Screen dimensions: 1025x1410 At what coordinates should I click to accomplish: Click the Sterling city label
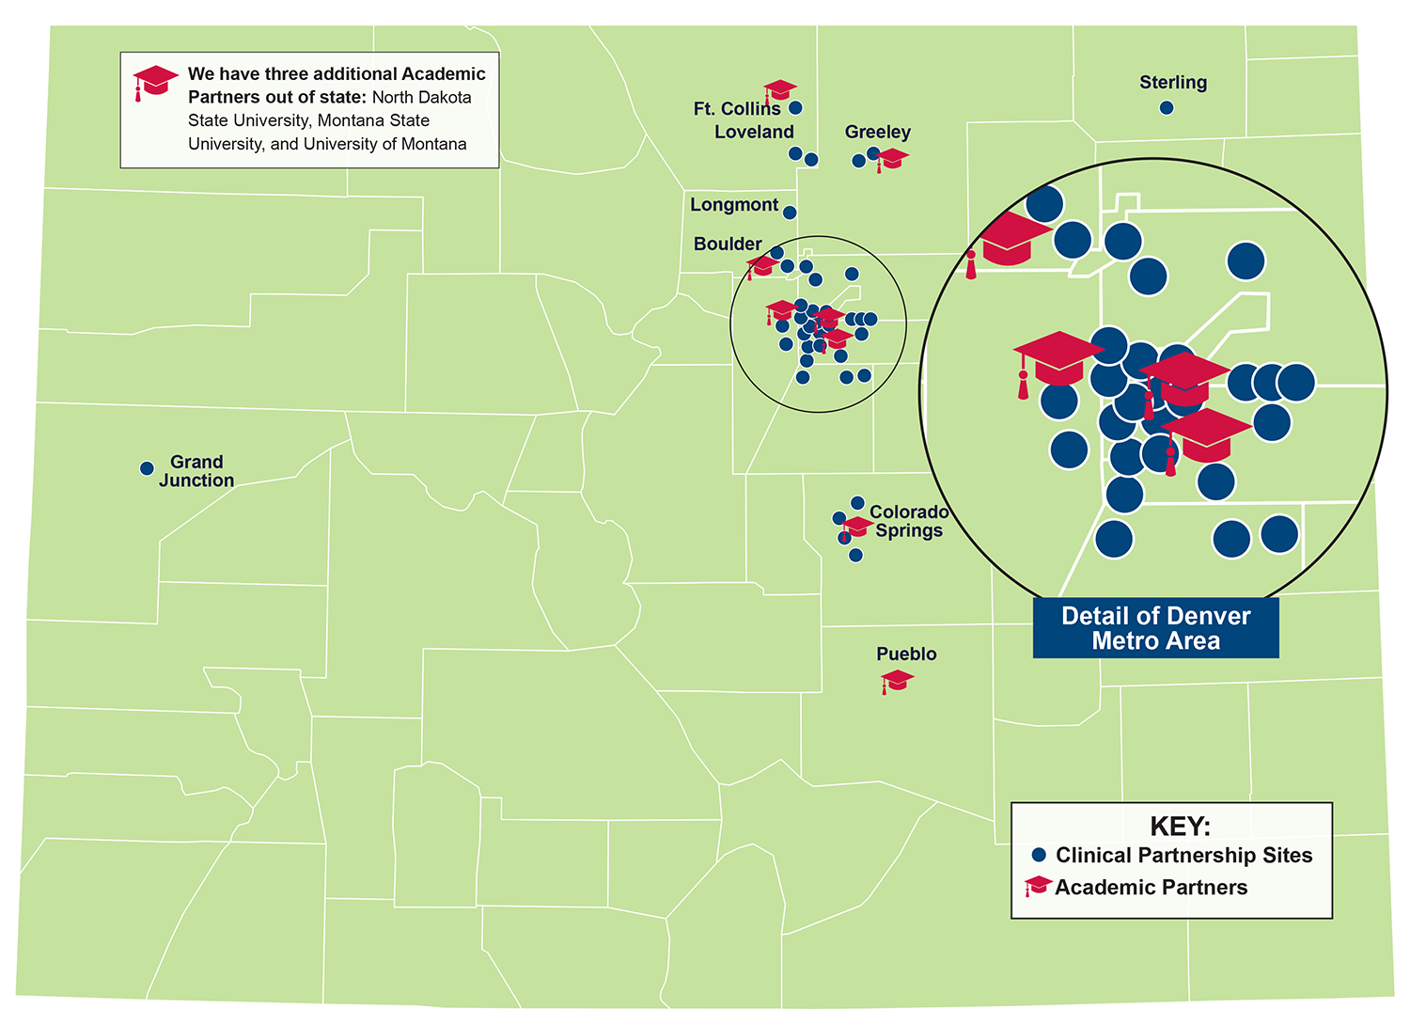click(x=1173, y=83)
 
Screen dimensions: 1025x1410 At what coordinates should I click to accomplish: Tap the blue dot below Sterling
click(x=1167, y=108)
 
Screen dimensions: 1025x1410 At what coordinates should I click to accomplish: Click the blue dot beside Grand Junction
click(x=147, y=468)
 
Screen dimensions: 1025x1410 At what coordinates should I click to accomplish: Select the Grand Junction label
click(x=196, y=471)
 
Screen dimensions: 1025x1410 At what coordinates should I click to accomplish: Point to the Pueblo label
click(x=906, y=654)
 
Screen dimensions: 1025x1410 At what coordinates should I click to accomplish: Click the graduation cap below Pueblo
click(x=897, y=680)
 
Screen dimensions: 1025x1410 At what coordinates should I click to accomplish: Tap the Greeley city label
click(x=877, y=132)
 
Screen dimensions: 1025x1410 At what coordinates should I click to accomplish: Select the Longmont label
click(x=734, y=205)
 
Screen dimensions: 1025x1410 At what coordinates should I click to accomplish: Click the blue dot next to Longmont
click(x=790, y=213)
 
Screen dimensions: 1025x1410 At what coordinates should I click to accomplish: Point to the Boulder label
click(x=728, y=244)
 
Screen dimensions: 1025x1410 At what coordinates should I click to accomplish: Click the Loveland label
click(x=754, y=133)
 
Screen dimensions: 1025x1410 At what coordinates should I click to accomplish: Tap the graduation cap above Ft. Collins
click(x=779, y=90)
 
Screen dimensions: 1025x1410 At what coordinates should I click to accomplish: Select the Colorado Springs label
click(x=908, y=521)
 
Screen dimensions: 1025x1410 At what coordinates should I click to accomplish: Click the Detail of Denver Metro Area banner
click(x=1155, y=628)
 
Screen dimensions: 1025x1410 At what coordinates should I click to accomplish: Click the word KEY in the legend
click(x=1180, y=827)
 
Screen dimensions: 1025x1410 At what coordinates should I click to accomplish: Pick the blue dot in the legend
click(x=1039, y=855)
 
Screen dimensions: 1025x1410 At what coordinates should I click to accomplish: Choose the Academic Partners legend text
click(x=1151, y=888)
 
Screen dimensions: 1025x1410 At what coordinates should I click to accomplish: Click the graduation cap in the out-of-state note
click(x=154, y=81)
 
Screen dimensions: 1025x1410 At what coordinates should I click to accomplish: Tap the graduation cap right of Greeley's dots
click(x=891, y=158)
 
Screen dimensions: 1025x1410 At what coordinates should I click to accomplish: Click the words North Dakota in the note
click(x=421, y=98)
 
